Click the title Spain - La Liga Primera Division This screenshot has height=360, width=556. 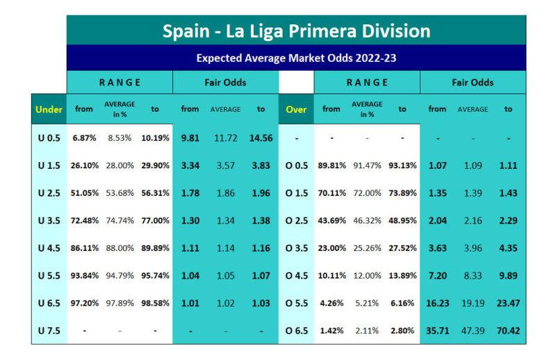point(296,31)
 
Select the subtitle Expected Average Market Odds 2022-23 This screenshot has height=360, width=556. point(296,58)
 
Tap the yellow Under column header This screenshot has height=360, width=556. point(49,109)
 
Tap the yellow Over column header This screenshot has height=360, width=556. point(296,109)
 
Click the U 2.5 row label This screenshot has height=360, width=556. point(49,193)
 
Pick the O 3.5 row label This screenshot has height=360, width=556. point(296,247)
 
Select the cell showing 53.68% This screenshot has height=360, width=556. point(120,193)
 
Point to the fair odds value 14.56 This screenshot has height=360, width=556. point(260,138)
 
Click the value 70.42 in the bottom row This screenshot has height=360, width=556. point(507,330)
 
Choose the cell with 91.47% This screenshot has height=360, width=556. point(367,165)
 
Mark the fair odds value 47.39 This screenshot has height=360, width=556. point(473,330)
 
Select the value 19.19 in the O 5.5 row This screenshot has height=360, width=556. point(473,303)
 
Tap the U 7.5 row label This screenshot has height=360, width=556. point(49,330)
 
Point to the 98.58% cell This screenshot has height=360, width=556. point(155,303)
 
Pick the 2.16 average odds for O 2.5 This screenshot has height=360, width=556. point(473,220)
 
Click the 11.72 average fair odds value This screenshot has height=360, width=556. point(225,138)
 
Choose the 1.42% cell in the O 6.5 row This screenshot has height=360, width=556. point(332,330)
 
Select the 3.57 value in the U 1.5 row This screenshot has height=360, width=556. point(225,165)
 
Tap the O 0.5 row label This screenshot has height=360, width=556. point(296,165)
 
